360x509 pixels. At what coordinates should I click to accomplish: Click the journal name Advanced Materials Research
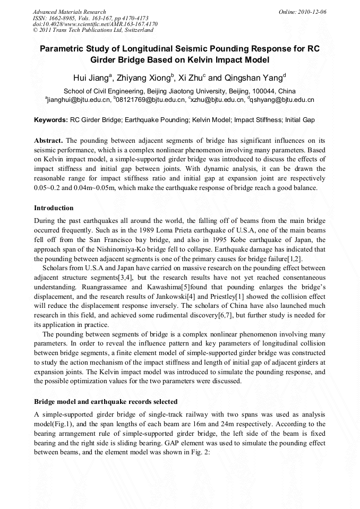[69, 12]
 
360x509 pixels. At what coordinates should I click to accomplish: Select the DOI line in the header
[95, 24]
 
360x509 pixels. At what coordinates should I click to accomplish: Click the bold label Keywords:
[51, 120]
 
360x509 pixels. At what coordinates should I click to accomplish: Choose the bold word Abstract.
[48, 141]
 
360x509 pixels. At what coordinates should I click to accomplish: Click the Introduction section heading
[54, 208]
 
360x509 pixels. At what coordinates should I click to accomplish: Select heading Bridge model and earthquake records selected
[106, 401]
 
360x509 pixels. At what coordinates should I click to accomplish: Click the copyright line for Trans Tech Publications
[93, 30]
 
